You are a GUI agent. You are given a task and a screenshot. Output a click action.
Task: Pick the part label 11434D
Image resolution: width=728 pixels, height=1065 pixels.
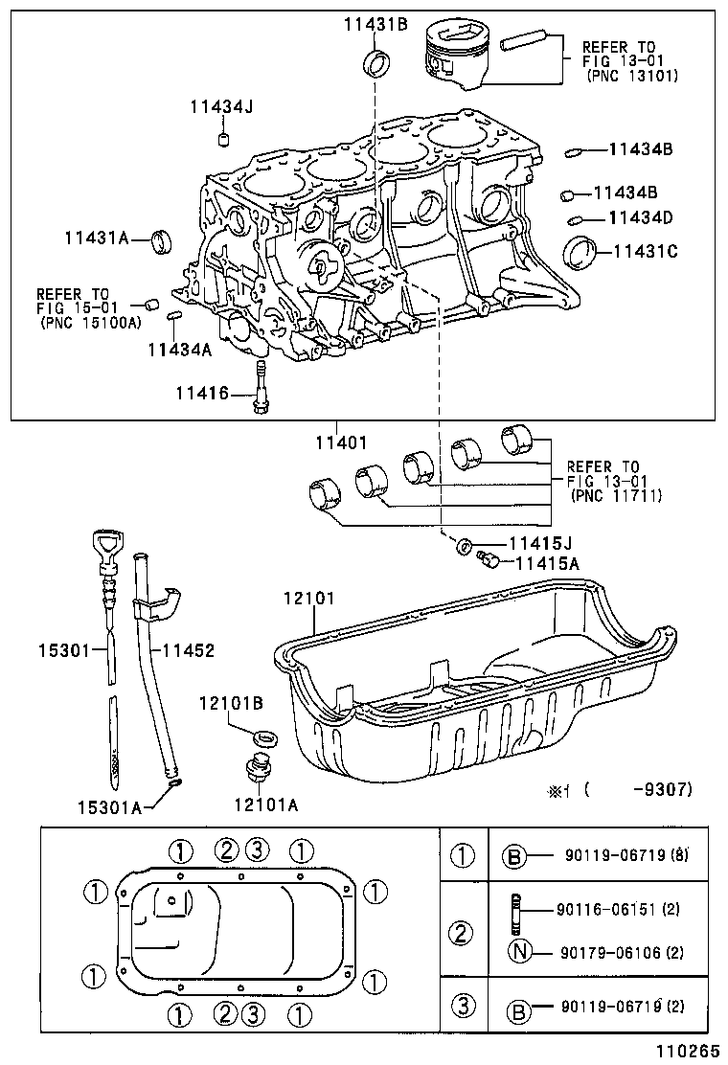click(x=641, y=218)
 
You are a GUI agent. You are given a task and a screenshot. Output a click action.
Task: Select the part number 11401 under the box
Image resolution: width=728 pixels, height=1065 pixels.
click(x=338, y=442)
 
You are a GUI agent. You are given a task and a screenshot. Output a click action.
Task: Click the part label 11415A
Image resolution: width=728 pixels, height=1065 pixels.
click(x=548, y=564)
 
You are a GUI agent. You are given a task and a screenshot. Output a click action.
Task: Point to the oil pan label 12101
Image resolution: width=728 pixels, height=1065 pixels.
click(x=308, y=599)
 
